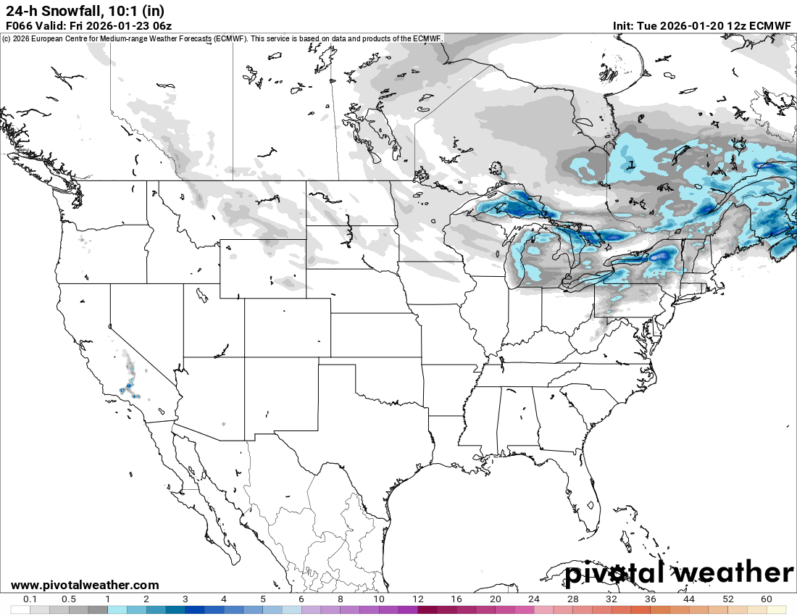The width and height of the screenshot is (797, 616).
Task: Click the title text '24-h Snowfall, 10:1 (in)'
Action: click(85, 10)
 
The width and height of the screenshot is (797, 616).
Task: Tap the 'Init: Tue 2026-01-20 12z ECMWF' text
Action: click(702, 25)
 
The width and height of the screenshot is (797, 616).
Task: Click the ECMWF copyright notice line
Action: click(222, 38)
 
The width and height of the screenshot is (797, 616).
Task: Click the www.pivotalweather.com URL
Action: click(85, 585)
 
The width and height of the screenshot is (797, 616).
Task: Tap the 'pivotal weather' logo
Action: click(679, 573)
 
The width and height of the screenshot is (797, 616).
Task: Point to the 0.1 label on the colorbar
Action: click(30, 599)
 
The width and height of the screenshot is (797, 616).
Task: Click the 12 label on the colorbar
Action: click(418, 599)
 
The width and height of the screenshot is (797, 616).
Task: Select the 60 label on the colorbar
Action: click(767, 599)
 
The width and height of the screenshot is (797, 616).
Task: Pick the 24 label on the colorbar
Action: click(534, 599)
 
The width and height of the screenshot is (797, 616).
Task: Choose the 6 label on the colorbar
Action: click(301, 599)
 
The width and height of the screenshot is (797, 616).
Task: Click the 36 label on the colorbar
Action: click(650, 599)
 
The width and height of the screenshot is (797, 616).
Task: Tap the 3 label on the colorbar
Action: click(185, 599)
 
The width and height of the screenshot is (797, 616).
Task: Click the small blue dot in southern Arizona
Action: click(224, 424)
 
